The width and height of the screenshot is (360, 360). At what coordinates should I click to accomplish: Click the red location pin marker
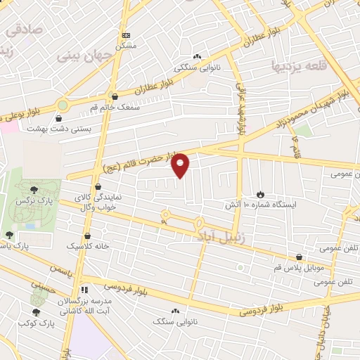click(181, 165)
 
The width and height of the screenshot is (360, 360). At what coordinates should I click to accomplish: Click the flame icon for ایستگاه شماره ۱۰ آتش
click(260, 194)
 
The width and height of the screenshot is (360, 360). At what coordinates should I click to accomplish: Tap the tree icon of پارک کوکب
click(37, 311)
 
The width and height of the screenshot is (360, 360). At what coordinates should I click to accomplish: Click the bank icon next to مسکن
click(126, 35)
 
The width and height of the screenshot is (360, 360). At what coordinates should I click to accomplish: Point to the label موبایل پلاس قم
click(300, 269)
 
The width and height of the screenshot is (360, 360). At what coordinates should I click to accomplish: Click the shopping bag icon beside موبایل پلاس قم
click(300, 257)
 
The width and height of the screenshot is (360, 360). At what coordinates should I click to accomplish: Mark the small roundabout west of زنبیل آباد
click(166, 216)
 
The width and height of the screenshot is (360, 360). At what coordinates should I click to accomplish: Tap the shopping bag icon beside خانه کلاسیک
click(87, 236)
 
